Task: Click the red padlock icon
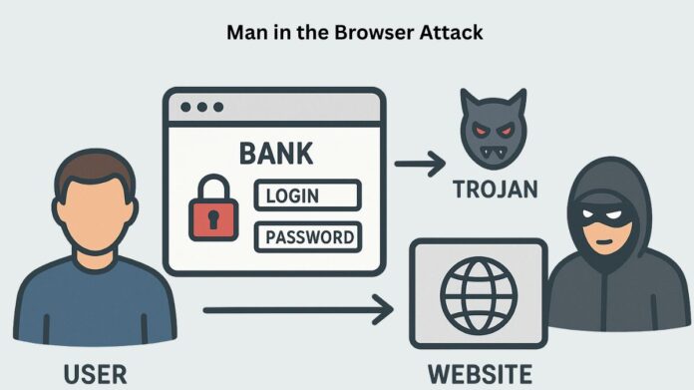pos(213,208)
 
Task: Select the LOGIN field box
pos(307,195)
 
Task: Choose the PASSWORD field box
pos(308,237)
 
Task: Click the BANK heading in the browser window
pos(276,154)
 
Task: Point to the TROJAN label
pos(496,190)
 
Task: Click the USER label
pos(95,374)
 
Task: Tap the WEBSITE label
pos(480,374)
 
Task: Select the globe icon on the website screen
pos(479,296)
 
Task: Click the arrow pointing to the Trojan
pos(420,164)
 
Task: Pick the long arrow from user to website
pos(298,310)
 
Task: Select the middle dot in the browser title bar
pos(202,107)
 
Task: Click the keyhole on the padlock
pos(213,219)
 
